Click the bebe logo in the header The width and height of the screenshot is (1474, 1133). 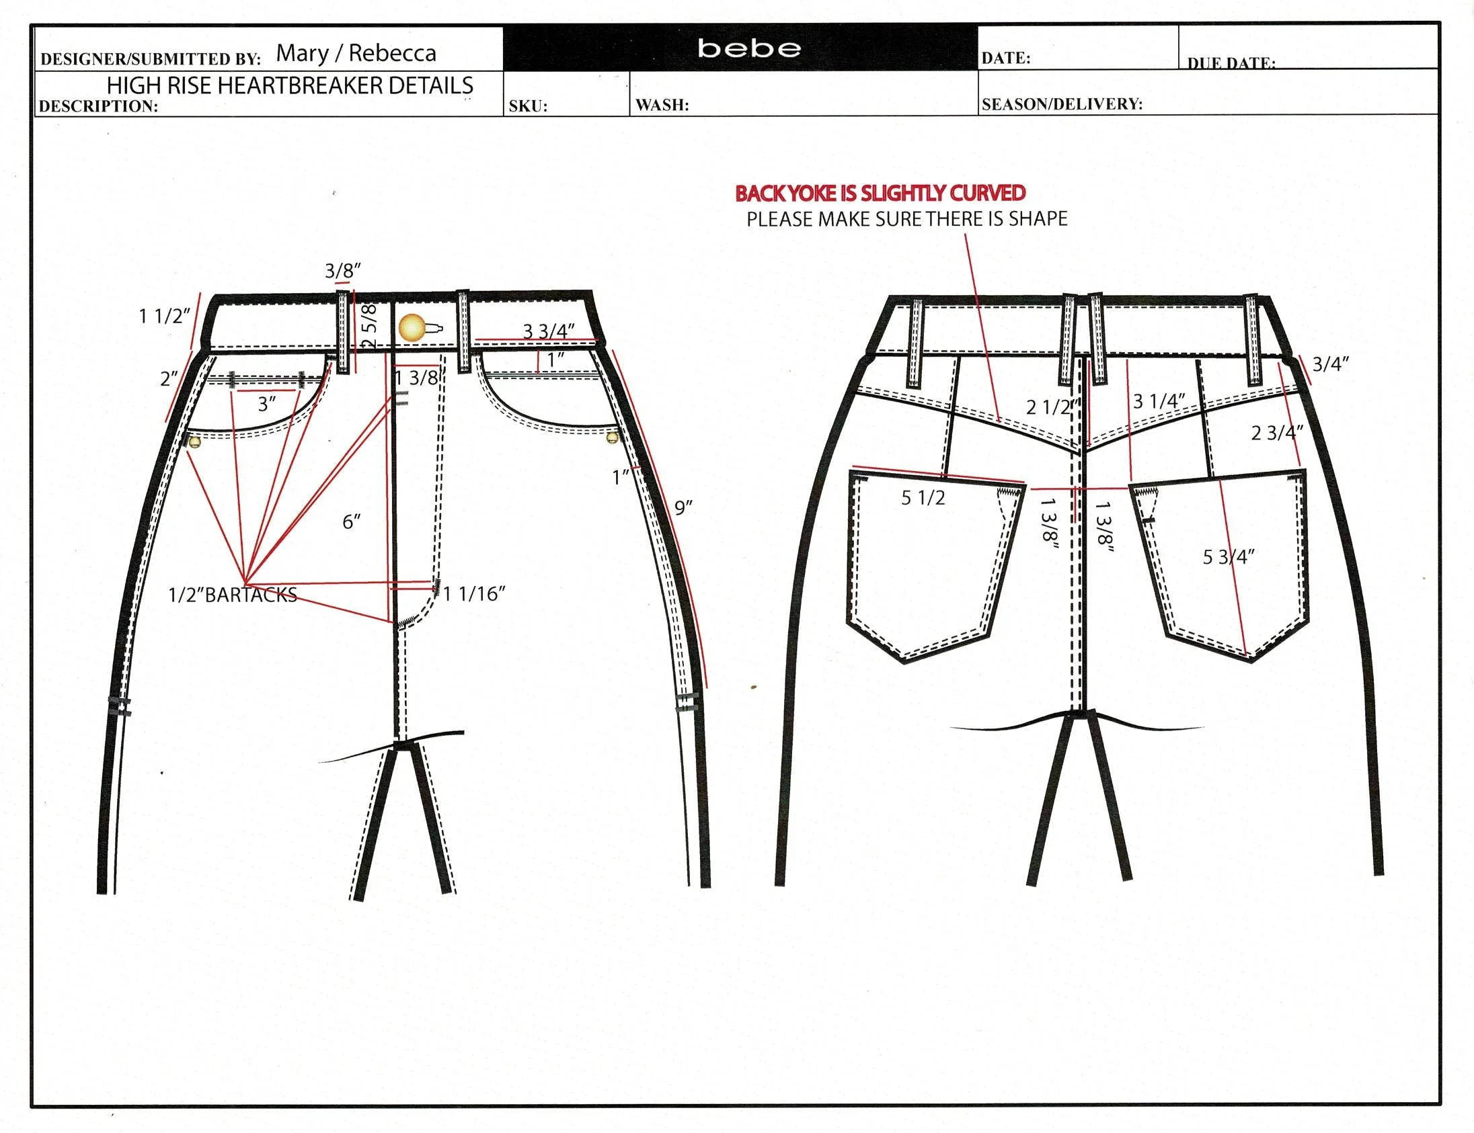point(749,48)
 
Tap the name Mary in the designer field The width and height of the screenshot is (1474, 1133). point(303,53)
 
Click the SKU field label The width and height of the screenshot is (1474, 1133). point(528,106)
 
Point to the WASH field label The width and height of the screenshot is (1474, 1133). point(662,106)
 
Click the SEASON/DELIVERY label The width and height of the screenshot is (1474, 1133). point(1062,105)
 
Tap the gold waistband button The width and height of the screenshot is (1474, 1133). point(413,328)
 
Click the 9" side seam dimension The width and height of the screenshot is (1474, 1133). point(684,508)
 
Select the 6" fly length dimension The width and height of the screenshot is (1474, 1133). point(351,521)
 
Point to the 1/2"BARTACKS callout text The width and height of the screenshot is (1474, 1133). point(233,595)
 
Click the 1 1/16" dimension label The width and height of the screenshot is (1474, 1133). point(475,593)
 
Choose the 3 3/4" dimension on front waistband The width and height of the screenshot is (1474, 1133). point(548,331)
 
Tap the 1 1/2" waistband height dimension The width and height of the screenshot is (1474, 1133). point(164,316)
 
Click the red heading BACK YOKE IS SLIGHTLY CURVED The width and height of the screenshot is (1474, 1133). point(880,194)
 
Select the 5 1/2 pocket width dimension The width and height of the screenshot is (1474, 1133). point(923,499)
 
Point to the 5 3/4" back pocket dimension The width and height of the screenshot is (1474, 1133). point(1229,557)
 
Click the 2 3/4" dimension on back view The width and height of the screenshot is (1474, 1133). point(1276,433)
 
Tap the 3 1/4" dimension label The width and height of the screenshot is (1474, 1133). point(1159,401)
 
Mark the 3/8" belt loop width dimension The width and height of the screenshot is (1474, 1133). point(342,271)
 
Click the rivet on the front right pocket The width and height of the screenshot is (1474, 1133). point(612,438)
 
